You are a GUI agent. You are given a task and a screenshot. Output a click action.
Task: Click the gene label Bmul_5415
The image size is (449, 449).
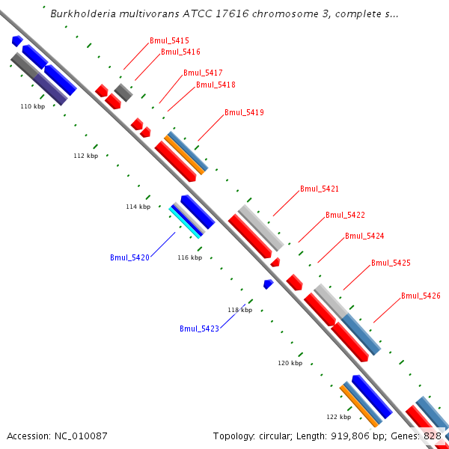169,40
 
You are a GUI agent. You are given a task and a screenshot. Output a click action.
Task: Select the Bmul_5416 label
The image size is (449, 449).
180,52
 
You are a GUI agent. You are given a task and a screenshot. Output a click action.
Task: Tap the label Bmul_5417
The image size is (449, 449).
203,73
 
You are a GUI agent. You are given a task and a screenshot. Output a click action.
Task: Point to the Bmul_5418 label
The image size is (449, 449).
216,85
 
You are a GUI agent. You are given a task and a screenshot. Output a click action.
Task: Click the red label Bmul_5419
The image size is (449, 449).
244,112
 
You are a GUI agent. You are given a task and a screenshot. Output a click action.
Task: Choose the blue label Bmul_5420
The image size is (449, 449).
130,257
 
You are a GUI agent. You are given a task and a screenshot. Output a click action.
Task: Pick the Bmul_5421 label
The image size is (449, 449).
320,189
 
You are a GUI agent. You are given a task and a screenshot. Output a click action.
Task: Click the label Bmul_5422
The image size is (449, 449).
345,215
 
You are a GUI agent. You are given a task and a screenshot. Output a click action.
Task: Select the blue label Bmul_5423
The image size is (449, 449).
199,329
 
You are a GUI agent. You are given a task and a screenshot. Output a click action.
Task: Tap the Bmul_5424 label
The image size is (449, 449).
364,236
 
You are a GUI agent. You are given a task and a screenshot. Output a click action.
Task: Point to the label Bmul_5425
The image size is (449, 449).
391,263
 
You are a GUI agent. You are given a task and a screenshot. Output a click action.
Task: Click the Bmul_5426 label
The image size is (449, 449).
421,296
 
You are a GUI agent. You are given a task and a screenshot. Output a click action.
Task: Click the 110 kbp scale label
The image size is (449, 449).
32,107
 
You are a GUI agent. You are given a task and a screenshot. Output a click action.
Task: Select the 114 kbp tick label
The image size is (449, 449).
138,207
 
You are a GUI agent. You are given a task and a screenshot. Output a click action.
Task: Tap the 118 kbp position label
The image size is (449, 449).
239,310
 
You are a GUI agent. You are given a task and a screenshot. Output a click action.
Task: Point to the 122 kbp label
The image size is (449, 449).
338,417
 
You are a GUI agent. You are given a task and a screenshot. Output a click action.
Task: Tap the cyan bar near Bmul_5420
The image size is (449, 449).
184,224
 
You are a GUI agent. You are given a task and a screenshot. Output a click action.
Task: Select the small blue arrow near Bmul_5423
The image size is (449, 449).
268,284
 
